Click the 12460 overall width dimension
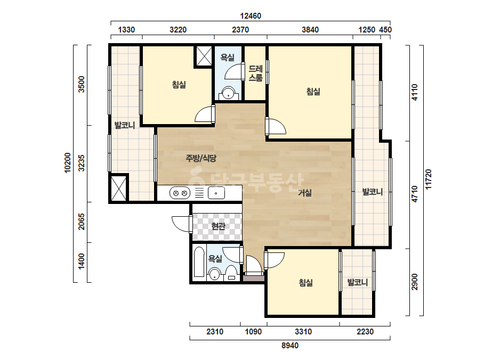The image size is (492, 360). (251, 15)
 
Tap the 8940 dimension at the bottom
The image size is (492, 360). (290, 346)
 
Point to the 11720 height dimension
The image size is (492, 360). (429, 179)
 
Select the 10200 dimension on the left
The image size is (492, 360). (68, 163)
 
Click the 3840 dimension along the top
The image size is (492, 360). (310, 30)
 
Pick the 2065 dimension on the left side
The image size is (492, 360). (81, 222)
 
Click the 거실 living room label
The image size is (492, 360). (305, 193)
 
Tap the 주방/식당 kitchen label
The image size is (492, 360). (201, 158)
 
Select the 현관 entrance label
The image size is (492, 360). (218, 226)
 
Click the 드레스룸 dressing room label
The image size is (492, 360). (255, 73)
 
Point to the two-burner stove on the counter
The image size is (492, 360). (180, 193)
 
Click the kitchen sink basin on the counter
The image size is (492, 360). (216, 193)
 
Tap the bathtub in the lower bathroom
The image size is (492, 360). (199, 262)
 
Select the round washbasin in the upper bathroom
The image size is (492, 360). (228, 93)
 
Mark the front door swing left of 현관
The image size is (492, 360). (182, 224)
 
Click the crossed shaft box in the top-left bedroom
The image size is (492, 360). (204, 56)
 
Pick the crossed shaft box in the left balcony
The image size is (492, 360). (119, 188)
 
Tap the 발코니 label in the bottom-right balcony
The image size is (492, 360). (357, 282)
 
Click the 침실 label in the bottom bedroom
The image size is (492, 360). (305, 283)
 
